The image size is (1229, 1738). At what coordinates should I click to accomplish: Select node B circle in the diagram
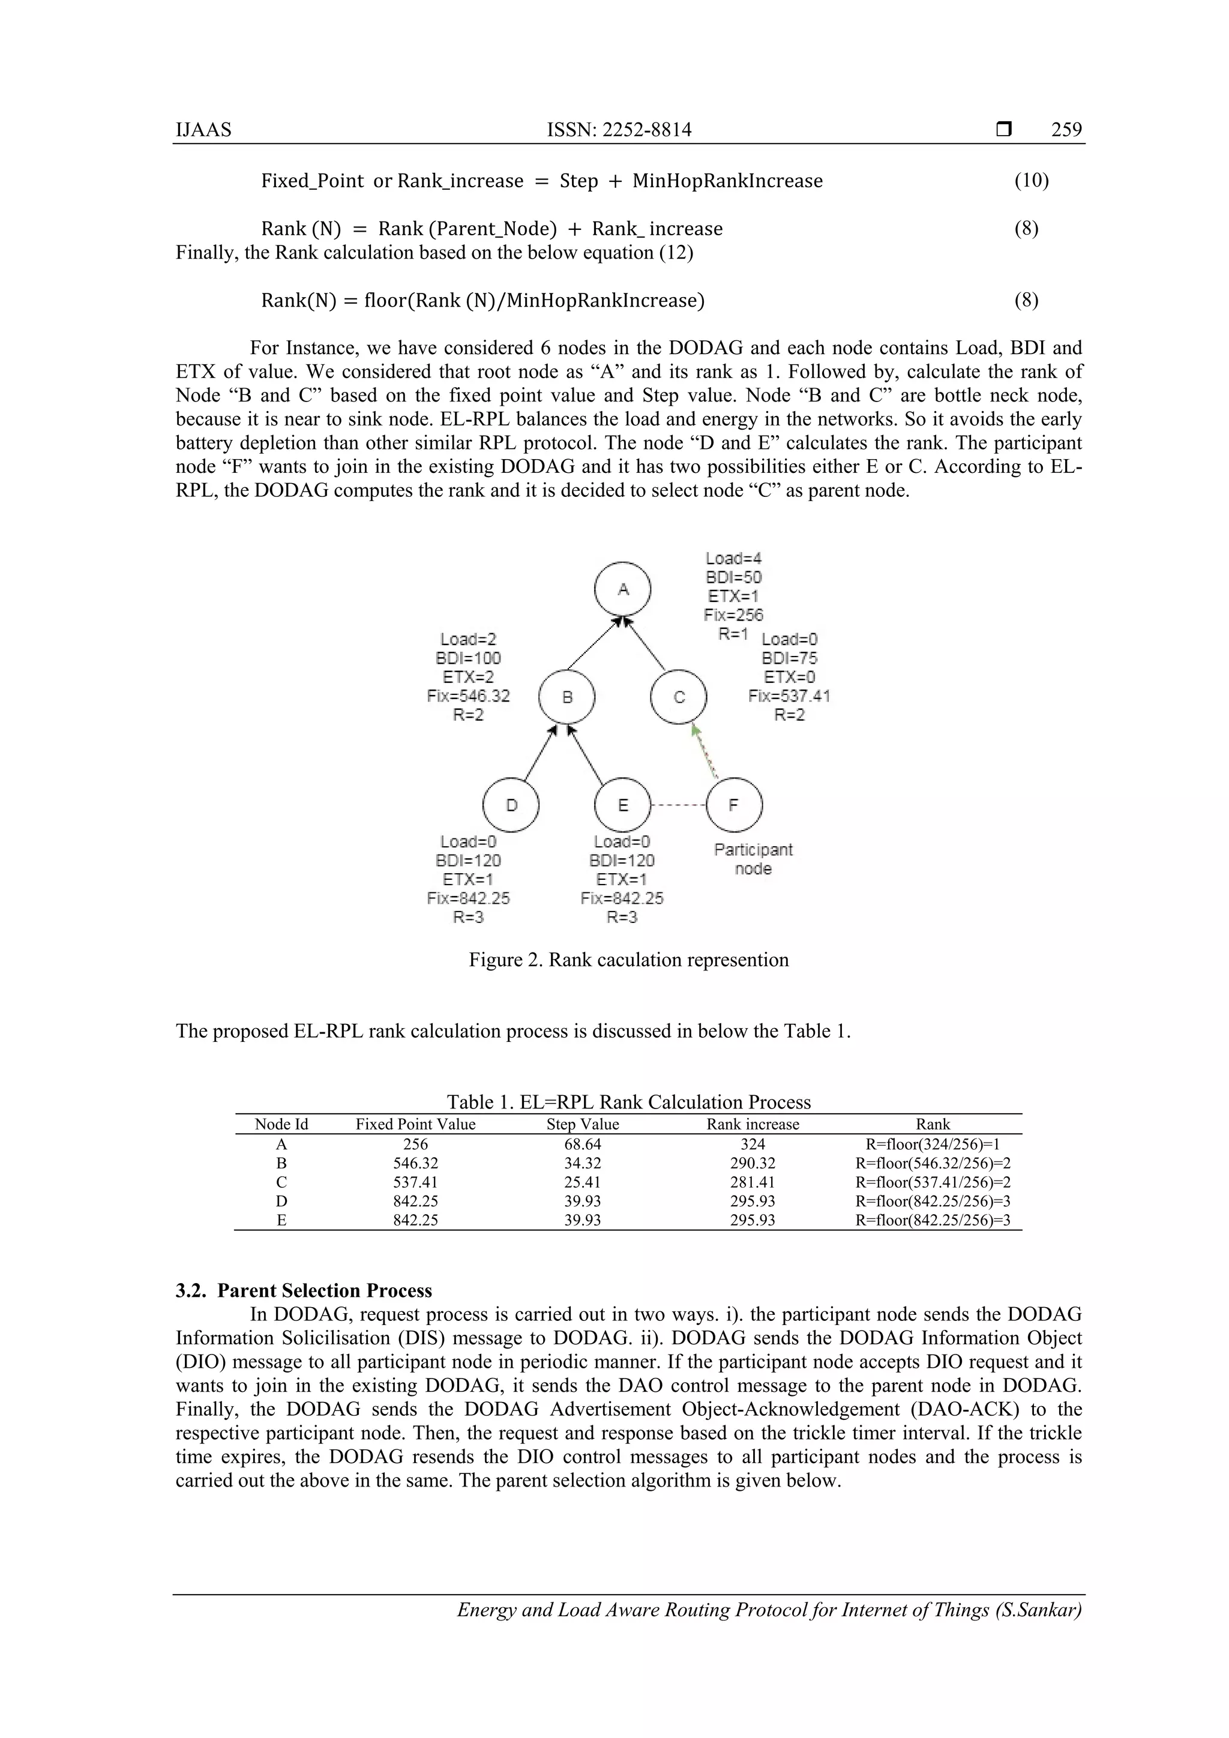[x=567, y=697]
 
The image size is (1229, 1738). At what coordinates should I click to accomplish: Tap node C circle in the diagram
[x=679, y=697]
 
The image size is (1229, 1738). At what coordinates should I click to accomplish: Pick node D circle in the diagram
[x=511, y=805]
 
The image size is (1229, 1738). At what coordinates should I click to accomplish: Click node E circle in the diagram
[x=623, y=805]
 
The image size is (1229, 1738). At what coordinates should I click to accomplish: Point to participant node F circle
[x=734, y=805]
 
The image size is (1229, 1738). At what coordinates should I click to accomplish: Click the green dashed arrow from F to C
[x=705, y=751]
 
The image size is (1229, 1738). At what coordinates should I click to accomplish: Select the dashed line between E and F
[x=678, y=805]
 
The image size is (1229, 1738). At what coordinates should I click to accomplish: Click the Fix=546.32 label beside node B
[x=469, y=696]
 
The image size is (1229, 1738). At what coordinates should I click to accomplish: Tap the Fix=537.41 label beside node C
[x=789, y=696]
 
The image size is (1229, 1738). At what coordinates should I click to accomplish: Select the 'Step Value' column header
[x=583, y=1124]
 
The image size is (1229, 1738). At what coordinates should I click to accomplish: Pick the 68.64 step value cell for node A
[x=583, y=1144]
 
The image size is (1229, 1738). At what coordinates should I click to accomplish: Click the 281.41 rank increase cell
[x=753, y=1182]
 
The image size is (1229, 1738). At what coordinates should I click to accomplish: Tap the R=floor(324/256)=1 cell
[x=933, y=1144]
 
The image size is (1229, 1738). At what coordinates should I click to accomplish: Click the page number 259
[x=1066, y=130]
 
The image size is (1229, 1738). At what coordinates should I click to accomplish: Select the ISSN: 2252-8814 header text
[x=619, y=130]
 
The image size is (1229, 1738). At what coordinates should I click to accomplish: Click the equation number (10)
[x=1031, y=181]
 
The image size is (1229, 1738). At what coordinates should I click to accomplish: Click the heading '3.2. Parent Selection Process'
[x=304, y=1291]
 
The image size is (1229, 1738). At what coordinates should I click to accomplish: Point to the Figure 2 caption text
[x=628, y=960]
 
